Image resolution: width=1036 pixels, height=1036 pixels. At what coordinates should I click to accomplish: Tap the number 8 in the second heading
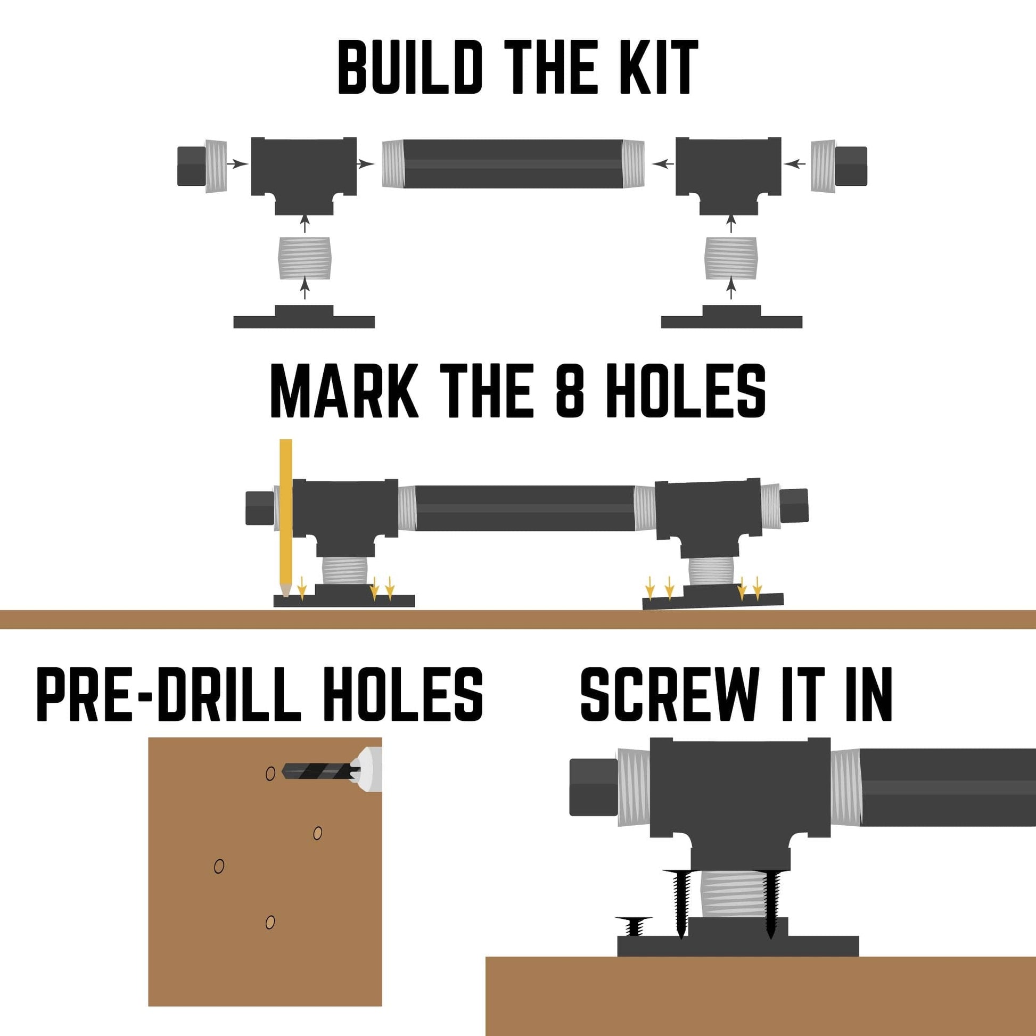click(x=569, y=390)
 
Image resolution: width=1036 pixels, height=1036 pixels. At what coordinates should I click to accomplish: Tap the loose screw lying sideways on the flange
click(x=635, y=926)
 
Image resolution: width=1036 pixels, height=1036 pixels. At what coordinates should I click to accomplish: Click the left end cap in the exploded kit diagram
click(x=202, y=166)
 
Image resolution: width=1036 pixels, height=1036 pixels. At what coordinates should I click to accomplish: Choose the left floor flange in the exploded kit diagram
click(x=304, y=317)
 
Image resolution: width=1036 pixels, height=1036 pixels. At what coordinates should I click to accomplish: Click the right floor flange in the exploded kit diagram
click(x=731, y=317)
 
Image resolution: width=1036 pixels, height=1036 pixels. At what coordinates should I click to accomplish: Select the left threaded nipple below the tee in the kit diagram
click(x=305, y=258)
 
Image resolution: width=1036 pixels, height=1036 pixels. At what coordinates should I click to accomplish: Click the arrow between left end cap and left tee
click(x=237, y=163)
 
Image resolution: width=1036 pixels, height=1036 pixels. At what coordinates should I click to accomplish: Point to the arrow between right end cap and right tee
click(x=795, y=163)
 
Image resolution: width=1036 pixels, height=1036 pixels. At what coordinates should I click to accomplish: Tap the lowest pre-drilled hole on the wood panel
click(x=270, y=922)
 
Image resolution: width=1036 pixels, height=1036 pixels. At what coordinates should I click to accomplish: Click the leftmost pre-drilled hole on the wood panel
click(x=219, y=866)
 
